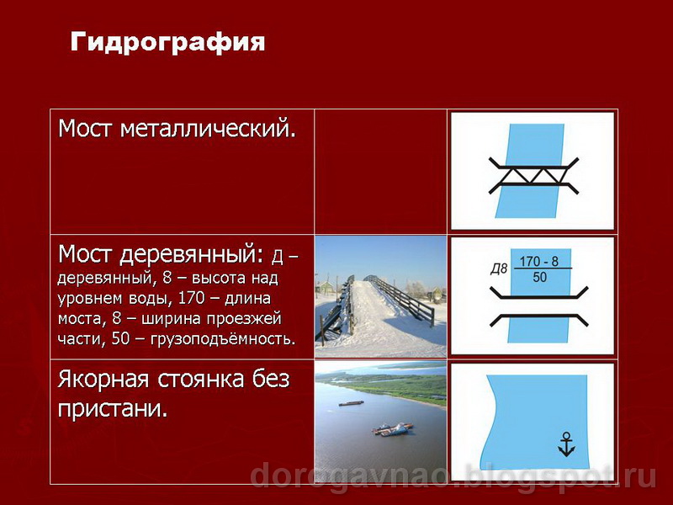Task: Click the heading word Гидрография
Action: [x=167, y=41]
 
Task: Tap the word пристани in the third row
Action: [x=109, y=409]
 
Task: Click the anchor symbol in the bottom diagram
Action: [x=567, y=444]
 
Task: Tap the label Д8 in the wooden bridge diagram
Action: [x=499, y=269]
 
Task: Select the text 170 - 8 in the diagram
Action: [x=540, y=260]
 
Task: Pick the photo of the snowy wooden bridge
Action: [x=380, y=296]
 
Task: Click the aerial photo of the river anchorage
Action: [x=380, y=421]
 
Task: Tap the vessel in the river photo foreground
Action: [x=392, y=431]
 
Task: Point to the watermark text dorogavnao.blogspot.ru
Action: [x=454, y=476]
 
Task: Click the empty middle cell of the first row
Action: [x=380, y=172]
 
